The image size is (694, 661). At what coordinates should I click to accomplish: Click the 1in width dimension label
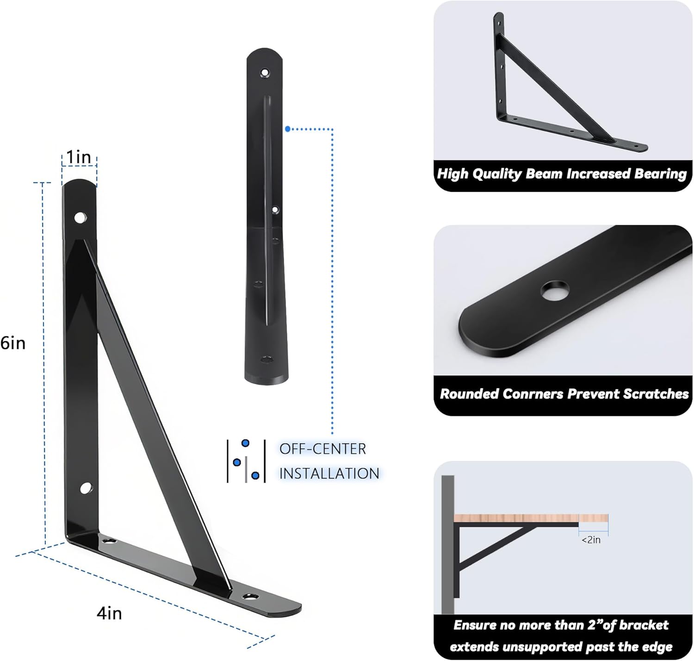click(79, 157)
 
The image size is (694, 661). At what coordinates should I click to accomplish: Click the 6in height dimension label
click(13, 343)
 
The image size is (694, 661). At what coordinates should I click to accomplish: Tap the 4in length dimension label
click(109, 613)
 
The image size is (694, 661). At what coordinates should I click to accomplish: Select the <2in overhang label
click(591, 540)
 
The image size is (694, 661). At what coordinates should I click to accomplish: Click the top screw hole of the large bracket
click(80, 217)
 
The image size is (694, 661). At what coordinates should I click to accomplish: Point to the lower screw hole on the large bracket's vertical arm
click(86, 488)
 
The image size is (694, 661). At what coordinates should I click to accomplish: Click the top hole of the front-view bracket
click(265, 73)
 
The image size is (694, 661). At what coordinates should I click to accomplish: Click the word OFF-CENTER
click(322, 449)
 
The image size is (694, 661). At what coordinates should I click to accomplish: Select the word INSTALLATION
click(329, 474)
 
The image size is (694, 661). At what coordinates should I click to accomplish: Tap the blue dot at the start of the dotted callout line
click(288, 129)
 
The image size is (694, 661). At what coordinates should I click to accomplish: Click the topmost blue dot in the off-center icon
click(245, 443)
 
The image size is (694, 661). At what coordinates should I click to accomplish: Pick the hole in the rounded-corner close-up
click(554, 290)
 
